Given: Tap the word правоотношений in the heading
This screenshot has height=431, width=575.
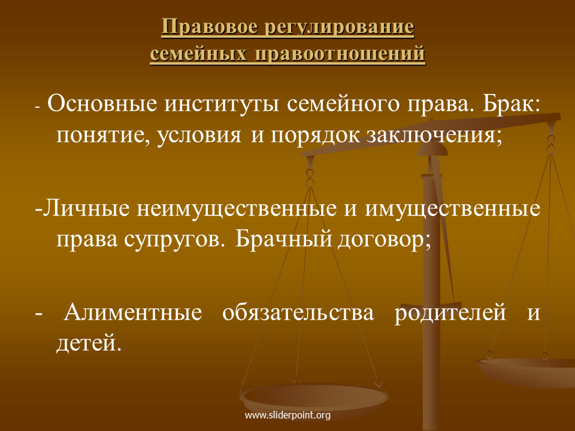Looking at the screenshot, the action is (340, 54).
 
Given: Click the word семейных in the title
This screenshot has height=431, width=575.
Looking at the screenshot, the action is (198, 53).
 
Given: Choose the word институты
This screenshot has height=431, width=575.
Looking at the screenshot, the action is (222, 104).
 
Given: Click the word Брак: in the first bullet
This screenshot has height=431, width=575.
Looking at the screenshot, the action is (511, 104).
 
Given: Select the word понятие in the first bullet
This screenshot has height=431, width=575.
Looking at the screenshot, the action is (104, 135).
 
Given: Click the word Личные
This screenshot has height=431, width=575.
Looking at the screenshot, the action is (86, 208).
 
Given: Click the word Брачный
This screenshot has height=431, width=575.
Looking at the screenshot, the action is (283, 239).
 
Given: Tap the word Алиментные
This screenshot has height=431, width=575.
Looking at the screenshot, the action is (133, 312).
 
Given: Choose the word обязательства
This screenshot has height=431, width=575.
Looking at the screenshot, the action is (298, 312).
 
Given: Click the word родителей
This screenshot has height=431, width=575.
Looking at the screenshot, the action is (450, 313).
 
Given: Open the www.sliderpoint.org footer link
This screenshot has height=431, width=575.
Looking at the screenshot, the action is (287, 415).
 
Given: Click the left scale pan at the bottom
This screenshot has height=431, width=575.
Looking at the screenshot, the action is (313, 397).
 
